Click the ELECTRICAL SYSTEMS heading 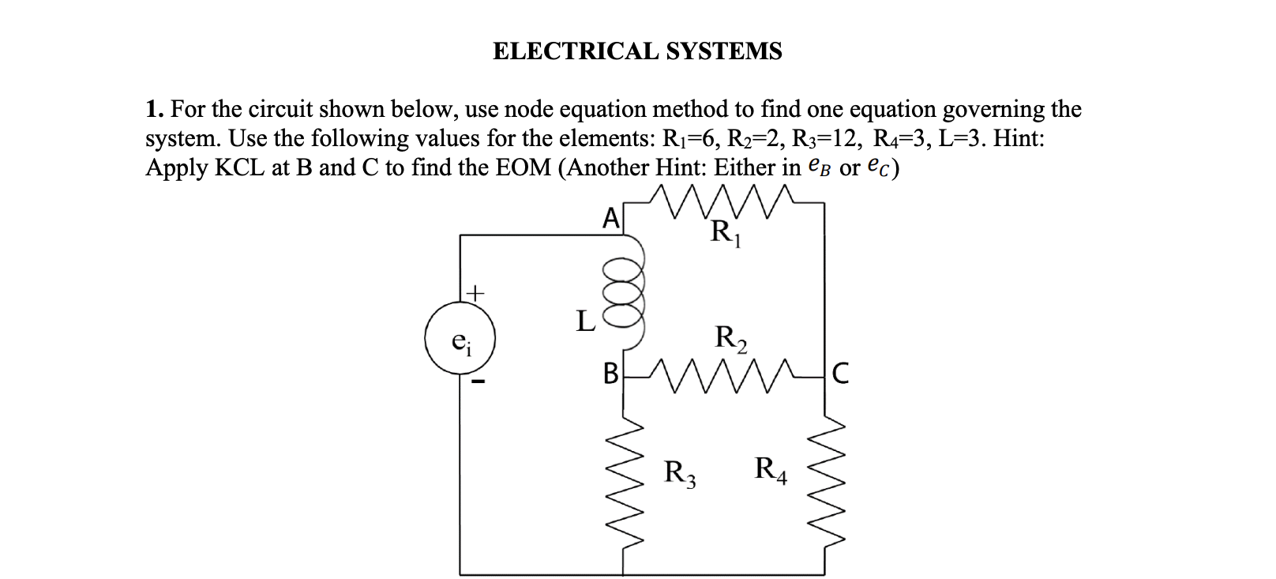point(637,51)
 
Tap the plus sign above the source point(474,293)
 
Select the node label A point(610,218)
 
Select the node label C point(841,373)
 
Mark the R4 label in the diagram point(771,470)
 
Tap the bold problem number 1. point(152,109)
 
